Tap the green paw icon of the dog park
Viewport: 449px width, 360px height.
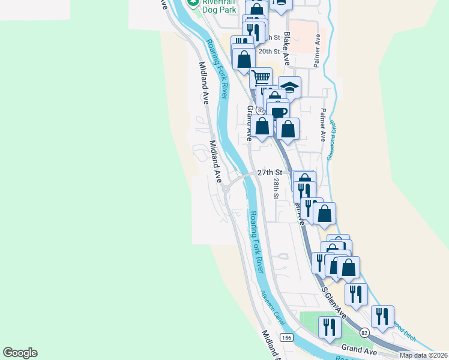[x=193, y=3]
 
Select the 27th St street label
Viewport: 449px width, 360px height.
[x=270, y=172]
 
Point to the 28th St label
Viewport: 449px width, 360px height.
[x=276, y=188]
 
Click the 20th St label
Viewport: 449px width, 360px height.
[x=270, y=52]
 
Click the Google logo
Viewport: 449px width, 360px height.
[x=20, y=353]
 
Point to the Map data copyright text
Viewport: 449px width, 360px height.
[x=423, y=355]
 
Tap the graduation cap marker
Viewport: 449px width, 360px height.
[x=289, y=87]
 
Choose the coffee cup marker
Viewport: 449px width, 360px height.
[x=278, y=111]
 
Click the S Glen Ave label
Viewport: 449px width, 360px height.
[x=334, y=302]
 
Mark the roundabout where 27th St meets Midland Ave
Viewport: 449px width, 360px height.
[x=226, y=190]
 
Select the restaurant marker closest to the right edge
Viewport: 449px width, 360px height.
[x=382, y=316]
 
